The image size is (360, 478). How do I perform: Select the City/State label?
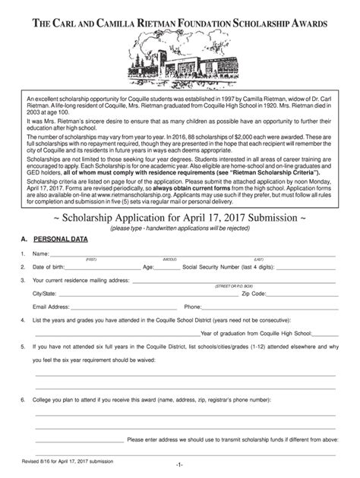point(44,293)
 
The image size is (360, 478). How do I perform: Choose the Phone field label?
point(193,307)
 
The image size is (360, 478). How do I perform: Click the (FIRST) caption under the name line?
point(91,259)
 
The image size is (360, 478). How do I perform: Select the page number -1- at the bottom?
point(179,464)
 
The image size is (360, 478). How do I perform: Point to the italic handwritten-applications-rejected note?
point(179,228)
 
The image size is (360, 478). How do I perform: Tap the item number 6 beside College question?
point(24,399)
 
